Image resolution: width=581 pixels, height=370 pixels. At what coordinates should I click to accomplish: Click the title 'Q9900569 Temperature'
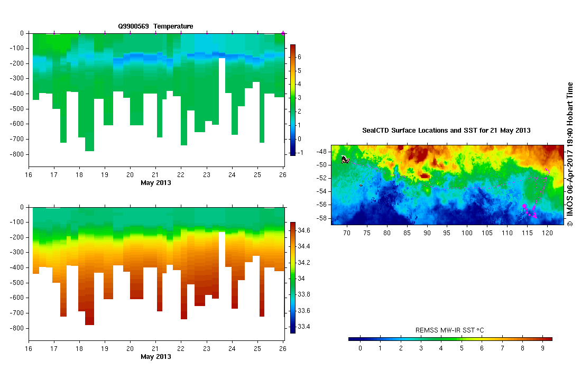[155, 26]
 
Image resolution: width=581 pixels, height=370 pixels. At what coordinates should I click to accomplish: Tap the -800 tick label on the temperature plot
[17, 154]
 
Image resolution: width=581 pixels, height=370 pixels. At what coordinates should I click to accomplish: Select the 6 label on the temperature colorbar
[299, 56]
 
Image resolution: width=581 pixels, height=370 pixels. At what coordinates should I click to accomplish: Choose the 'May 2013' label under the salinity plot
[155, 357]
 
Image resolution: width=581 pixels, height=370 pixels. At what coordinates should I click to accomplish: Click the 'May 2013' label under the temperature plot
[155, 183]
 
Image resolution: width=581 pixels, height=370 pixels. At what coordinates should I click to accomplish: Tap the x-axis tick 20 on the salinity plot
[130, 349]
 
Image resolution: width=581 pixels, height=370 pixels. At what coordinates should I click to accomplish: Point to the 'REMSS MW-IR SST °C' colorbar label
[450, 330]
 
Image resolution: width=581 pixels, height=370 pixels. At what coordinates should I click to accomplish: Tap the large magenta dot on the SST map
[524, 206]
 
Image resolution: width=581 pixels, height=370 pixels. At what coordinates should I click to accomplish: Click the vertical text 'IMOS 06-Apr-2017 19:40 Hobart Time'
[570, 154]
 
